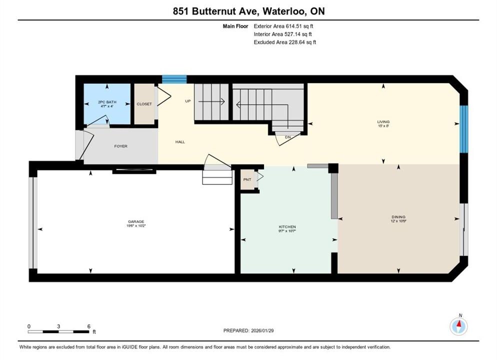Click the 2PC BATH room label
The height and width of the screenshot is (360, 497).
[107, 102]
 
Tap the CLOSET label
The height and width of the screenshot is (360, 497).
[144, 104]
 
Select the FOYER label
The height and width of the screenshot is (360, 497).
[121, 146]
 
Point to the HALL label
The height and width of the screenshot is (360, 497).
[180, 142]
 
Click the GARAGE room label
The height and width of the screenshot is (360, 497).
[136, 221]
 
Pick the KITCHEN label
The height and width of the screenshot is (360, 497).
[287, 227]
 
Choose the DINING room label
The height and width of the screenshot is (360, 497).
[398, 217]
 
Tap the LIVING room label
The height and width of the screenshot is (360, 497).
[383, 121]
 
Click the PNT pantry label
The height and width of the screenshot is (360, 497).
[247, 179]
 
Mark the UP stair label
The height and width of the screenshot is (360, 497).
[188, 101]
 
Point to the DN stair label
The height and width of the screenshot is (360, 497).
[288, 137]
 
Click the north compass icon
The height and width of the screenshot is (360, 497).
[458, 325]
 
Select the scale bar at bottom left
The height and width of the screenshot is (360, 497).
[58, 332]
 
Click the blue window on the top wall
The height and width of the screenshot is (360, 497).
[174, 79]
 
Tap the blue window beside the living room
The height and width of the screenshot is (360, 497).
[463, 129]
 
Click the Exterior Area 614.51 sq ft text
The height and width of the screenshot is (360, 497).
[283, 26]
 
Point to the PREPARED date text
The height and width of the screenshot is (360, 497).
[248, 330]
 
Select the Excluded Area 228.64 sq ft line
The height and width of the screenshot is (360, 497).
[285, 42]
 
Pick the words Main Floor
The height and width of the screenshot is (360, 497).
[235, 26]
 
